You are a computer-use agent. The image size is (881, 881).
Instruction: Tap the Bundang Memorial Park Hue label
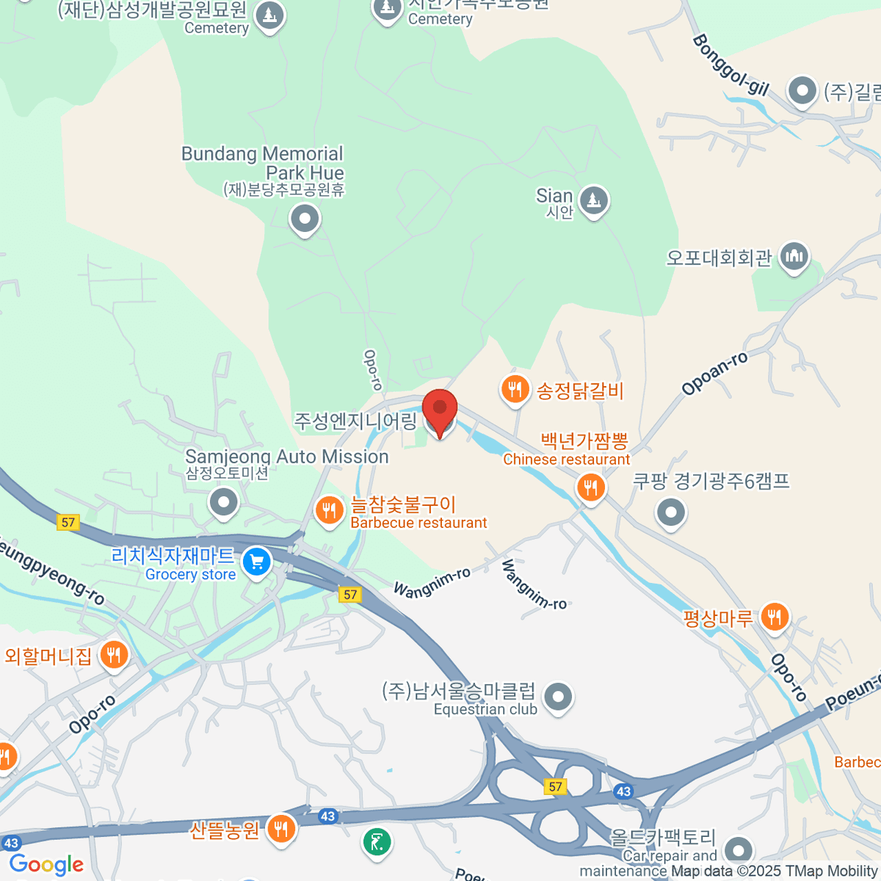(263, 164)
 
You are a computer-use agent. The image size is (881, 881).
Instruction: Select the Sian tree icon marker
(593, 200)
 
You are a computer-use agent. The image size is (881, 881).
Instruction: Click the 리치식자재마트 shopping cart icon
(256, 563)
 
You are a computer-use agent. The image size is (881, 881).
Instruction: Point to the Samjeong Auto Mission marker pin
(224, 503)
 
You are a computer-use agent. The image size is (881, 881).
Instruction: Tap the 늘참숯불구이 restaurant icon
(329, 510)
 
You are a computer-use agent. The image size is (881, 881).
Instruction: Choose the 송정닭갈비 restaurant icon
(515, 389)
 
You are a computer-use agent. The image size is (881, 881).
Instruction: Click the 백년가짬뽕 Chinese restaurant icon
(590, 487)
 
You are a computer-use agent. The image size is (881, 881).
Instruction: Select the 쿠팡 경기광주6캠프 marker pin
(670, 512)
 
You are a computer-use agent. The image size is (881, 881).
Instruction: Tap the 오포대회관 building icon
(794, 256)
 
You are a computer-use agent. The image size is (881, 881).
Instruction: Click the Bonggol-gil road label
(730, 66)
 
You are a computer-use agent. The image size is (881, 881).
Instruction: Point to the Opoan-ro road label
(714, 373)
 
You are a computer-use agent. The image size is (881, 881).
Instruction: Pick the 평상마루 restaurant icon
(774, 617)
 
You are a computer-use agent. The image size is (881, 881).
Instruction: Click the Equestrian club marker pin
(559, 696)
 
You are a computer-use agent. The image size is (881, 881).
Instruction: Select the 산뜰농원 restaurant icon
(280, 829)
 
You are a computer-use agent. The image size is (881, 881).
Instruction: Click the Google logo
(46, 864)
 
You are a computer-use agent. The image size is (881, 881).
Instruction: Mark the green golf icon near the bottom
(377, 841)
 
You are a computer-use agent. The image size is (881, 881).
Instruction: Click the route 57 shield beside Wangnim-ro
(350, 595)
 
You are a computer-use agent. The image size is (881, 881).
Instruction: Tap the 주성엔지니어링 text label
(355, 421)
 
